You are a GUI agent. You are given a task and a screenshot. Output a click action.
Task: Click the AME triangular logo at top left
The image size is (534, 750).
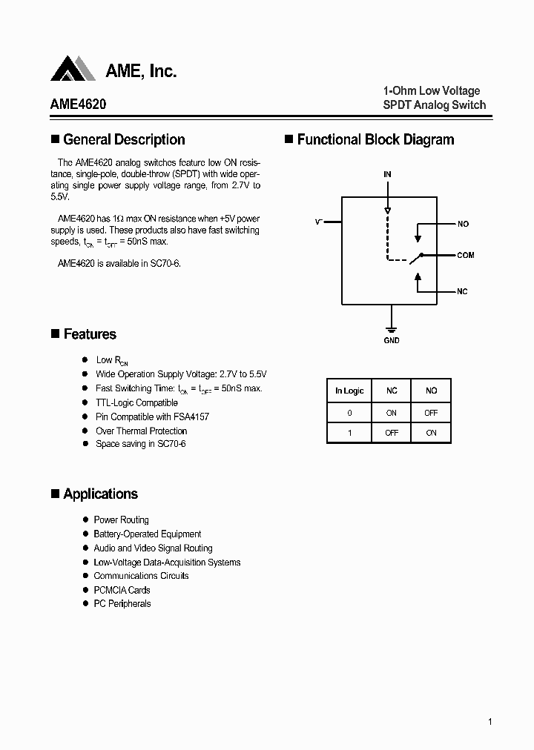pos(73,69)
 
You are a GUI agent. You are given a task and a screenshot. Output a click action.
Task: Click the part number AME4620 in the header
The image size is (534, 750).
pos(78,104)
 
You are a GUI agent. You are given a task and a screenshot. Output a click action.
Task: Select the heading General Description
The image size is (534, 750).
pos(124,139)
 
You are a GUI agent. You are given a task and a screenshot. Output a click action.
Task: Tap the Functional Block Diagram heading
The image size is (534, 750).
pos(375,139)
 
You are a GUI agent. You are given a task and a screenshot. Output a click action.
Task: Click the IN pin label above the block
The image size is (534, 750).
pos(387,174)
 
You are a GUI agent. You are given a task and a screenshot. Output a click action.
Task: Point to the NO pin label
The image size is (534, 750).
pos(463,224)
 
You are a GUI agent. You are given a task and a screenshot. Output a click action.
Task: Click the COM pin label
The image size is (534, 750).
pos(465,255)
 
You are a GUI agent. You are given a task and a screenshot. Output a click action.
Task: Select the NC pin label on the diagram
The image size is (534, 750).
pos(462,292)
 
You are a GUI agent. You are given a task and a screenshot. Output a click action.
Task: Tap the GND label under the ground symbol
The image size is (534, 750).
pos(392,341)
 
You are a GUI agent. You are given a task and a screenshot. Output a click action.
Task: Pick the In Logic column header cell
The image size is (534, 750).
pos(349,391)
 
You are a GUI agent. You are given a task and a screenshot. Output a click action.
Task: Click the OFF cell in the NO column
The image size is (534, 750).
pos(431,413)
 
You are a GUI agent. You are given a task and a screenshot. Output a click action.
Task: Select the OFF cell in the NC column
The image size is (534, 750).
pos(392,433)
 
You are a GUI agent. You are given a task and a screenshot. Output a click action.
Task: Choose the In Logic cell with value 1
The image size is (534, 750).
pos(349,433)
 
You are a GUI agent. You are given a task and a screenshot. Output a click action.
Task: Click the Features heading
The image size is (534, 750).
pos(90,334)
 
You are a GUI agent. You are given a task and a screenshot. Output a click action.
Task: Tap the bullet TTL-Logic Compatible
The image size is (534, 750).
pos(136,402)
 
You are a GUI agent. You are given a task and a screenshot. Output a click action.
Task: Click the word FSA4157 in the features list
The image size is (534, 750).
pos(191,417)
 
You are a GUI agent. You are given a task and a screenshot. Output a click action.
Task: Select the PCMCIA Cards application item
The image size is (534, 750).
pos(122,590)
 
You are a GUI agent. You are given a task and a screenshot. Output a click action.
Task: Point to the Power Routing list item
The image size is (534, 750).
pos(121,520)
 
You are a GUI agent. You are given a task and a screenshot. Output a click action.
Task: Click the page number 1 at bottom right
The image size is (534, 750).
pos(490,722)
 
